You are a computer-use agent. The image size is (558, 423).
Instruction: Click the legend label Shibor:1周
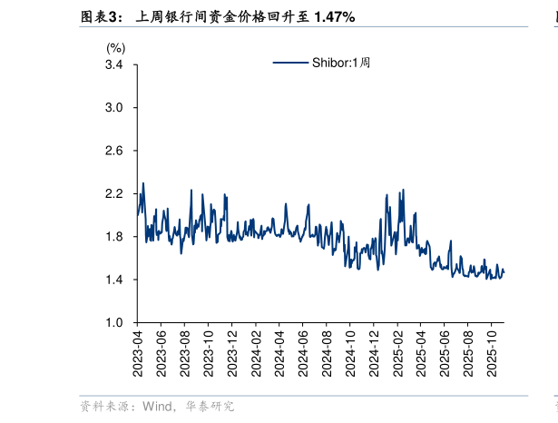pos(342,63)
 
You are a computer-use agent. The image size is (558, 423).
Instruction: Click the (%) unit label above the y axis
pos(116,47)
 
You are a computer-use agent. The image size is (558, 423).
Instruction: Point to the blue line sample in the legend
pos(291,63)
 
